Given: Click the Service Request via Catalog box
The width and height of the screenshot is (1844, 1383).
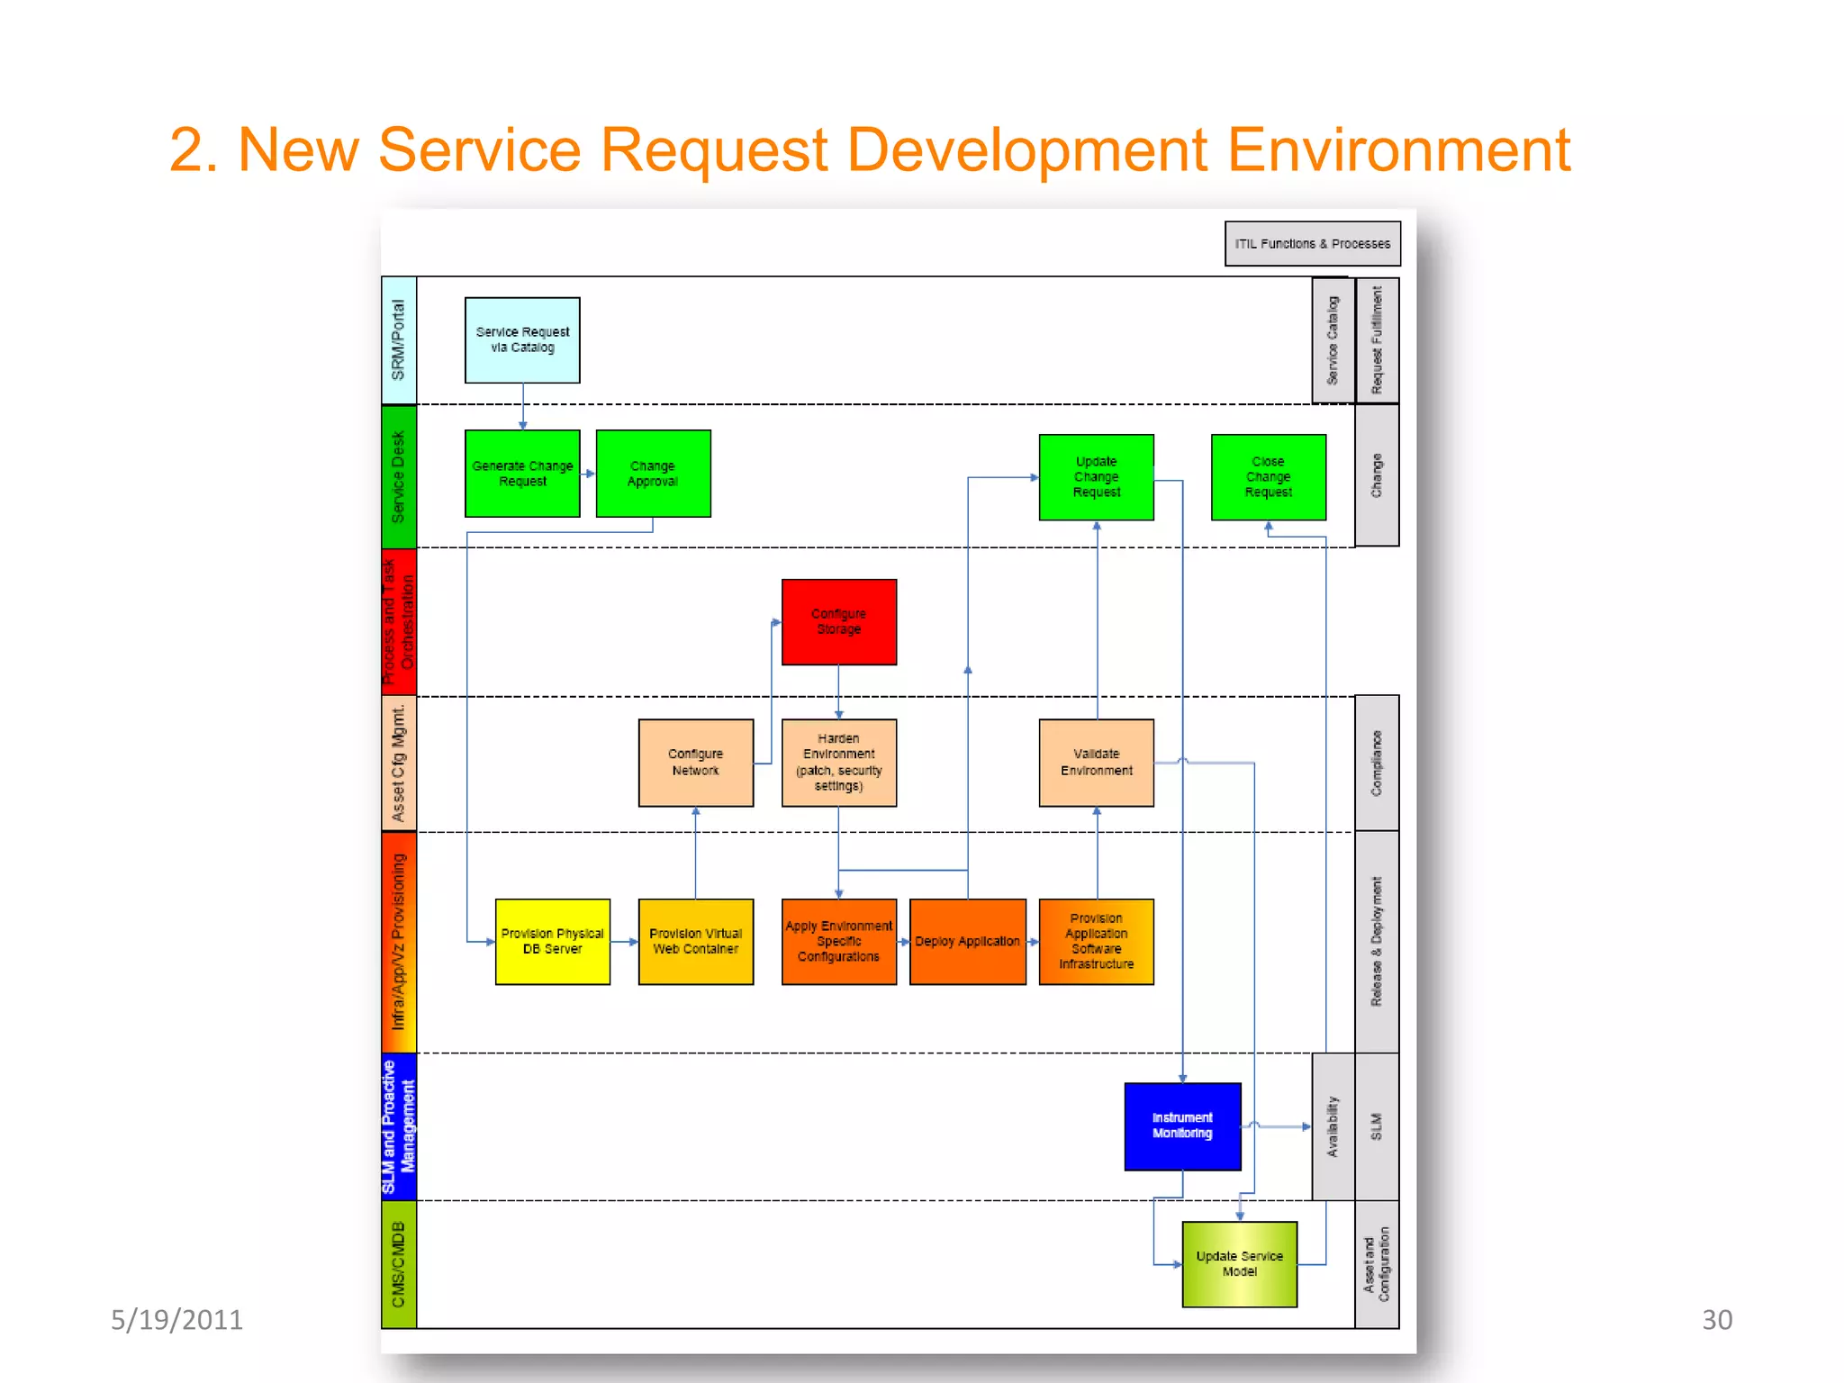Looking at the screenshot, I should point(522,340).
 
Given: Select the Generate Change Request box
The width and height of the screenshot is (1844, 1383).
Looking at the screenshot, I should point(522,474).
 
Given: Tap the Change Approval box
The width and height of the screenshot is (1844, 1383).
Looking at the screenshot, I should point(653,474).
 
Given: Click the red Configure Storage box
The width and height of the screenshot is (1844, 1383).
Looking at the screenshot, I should point(838,622).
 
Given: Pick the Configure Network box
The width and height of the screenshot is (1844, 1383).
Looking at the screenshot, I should point(695,763).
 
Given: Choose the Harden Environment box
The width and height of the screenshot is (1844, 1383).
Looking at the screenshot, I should point(838,763).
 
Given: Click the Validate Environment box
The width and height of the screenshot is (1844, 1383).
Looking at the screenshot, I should point(1096,763).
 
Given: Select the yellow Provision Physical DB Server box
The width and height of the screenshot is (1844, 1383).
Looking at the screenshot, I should point(552,942).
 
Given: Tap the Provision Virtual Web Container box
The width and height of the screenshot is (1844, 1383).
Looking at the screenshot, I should point(695,942).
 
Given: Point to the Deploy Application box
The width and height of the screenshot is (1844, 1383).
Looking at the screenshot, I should point(967,942).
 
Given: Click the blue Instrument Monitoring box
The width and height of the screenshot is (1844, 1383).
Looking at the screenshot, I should point(1182,1126).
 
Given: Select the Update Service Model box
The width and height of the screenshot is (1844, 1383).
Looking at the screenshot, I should point(1239,1264).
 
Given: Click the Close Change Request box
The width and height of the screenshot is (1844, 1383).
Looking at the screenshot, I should point(1268,477).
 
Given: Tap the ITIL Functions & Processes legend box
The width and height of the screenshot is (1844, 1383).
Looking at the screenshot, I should point(1312,244).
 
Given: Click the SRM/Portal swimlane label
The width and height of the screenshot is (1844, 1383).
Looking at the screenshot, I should point(399,340).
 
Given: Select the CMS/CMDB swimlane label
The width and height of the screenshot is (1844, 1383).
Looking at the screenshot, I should point(399,1264).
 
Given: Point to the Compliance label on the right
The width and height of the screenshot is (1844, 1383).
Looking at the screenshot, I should point(1376,763).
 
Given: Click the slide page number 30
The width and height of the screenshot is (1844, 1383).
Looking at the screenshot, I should point(1716,1320).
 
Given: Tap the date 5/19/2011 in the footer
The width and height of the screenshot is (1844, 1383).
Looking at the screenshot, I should point(176,1320).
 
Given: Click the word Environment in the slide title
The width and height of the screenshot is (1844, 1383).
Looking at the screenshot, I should point(1398,150).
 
